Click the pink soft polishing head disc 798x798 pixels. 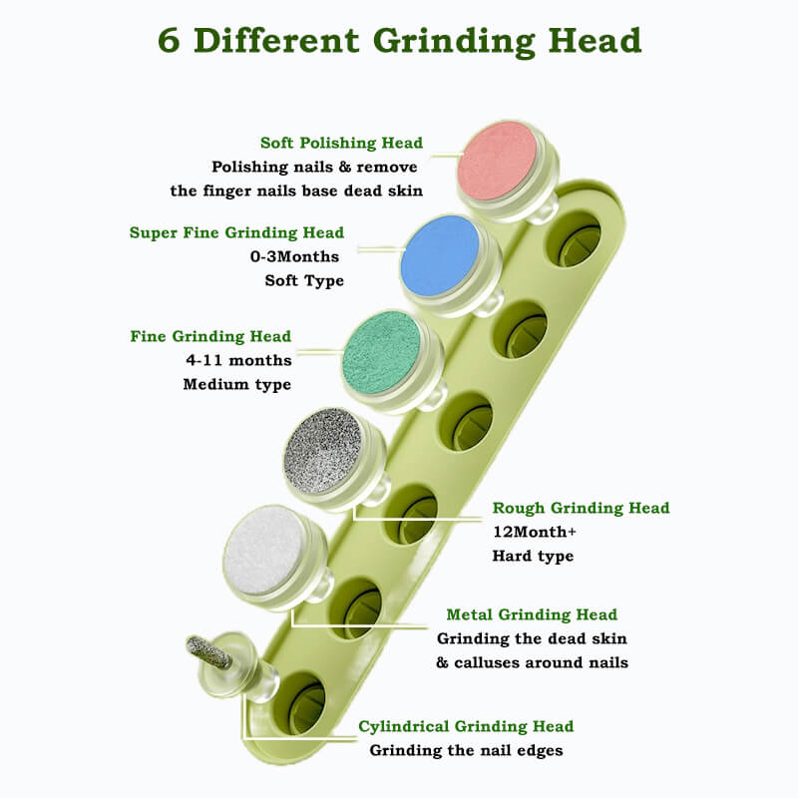[x=497, y=162]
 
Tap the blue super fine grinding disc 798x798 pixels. [x=440, y=255]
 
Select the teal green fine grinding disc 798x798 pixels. [x=382, y=353]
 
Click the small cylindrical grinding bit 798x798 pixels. [x=209, y=652]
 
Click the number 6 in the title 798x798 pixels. [x=169, y=41]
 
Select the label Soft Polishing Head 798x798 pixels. [x=341, y=143]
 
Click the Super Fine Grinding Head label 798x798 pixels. [x=236, y=233]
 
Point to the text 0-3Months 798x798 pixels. [x=294, y=256]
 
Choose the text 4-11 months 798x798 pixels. [x=238, y=360]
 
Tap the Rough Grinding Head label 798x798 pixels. [x=581, y=508]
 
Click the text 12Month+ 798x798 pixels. [x=535, y=532]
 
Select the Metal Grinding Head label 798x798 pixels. [x=532, y=614]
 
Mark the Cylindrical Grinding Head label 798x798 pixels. [x=466, y=726]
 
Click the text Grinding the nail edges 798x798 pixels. [x=466, y=751]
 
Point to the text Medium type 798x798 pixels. [x=237, y=384]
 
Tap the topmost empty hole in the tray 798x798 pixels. [x=574, y=238]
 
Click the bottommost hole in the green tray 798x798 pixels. [x=298, y=704]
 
